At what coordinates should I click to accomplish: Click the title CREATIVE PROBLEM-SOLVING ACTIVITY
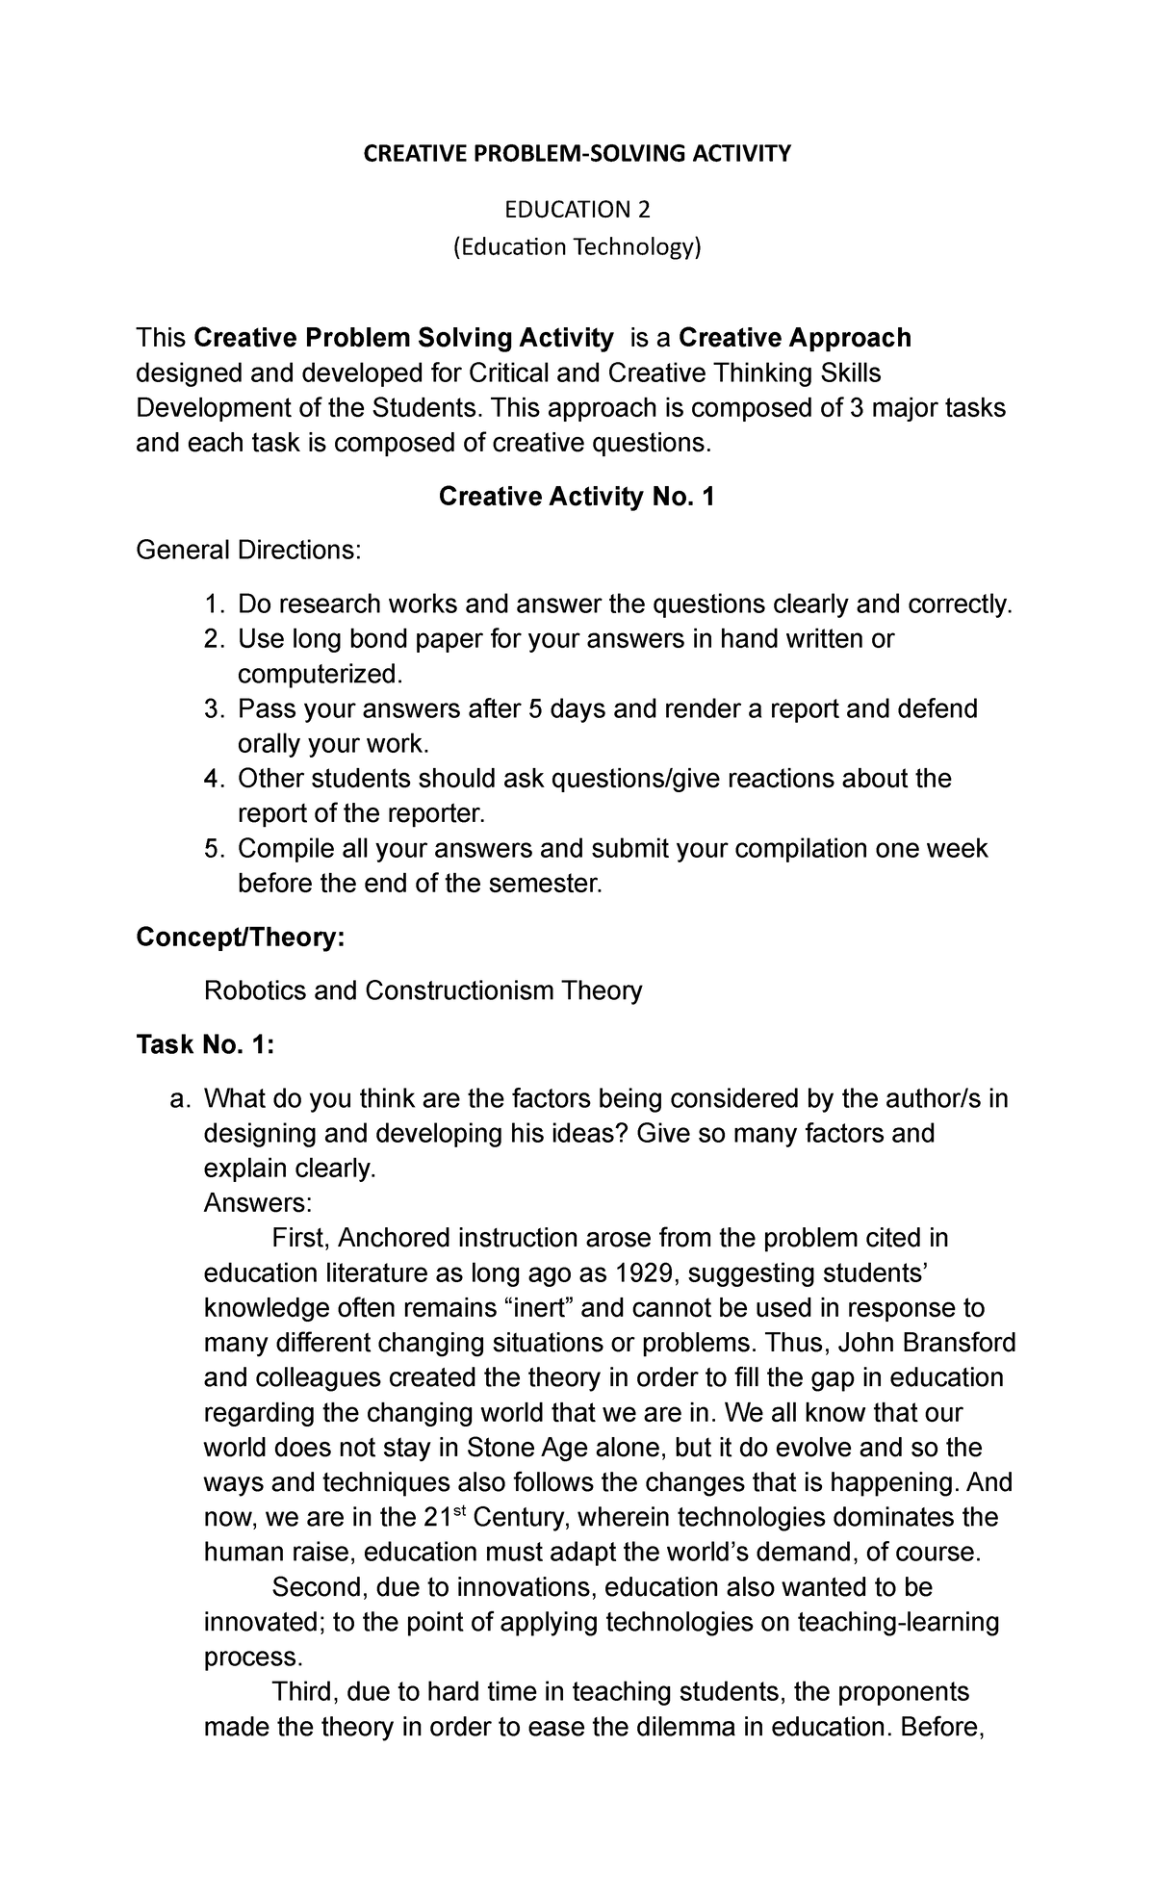577,153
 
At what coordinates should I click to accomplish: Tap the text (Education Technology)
577,247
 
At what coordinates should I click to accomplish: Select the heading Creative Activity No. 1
577,497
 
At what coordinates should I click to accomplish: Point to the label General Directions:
249,551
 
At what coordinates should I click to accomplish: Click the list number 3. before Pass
214,709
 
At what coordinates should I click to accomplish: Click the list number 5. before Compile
214,849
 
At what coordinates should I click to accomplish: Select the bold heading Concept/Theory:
240,937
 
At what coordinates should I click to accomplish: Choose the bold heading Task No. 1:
206,1044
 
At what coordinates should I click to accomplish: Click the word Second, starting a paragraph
319,1587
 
